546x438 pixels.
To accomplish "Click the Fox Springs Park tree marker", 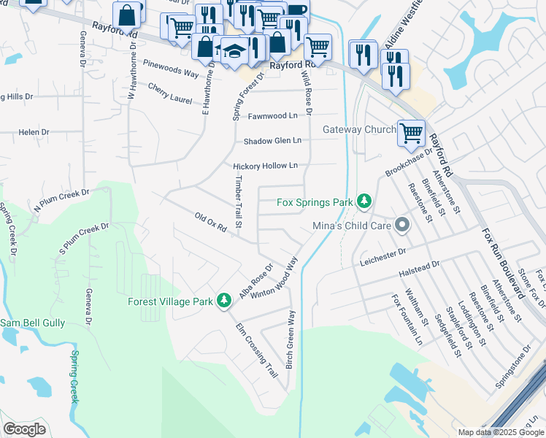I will point(364,201).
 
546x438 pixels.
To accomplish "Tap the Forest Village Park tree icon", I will point(226,301).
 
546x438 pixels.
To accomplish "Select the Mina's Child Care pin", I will point(401,225).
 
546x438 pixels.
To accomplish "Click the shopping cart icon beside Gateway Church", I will point(412,133).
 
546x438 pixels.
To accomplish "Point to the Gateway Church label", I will point(360,130).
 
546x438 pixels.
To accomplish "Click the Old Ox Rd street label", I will point(218,222).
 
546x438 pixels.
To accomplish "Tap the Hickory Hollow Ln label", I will point(266,166).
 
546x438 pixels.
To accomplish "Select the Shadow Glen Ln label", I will point(272,141).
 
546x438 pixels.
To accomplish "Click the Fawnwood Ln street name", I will point(273,115).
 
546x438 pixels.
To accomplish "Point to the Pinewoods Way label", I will point(171,74).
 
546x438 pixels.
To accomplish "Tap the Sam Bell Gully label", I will point(32,323).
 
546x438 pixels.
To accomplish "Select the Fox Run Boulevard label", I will point(503,264).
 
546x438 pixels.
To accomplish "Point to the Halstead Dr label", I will point(420,269).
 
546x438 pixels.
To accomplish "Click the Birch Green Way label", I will point(291,339).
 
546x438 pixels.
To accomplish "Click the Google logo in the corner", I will point(24,429).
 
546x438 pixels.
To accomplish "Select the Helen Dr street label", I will point(34,132).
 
